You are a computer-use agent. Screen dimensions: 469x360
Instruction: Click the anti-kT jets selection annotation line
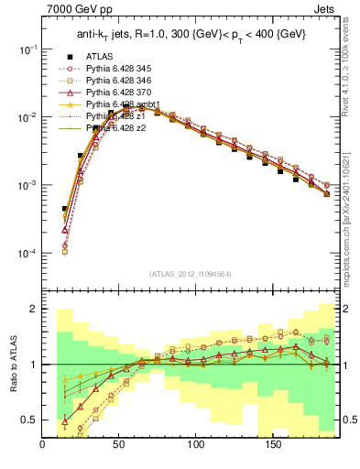(x=191, y=36)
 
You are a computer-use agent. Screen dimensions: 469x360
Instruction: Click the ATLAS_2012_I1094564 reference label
(x=191, y=273)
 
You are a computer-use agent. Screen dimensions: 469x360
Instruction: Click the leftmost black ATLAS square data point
(x=65, y=209)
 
